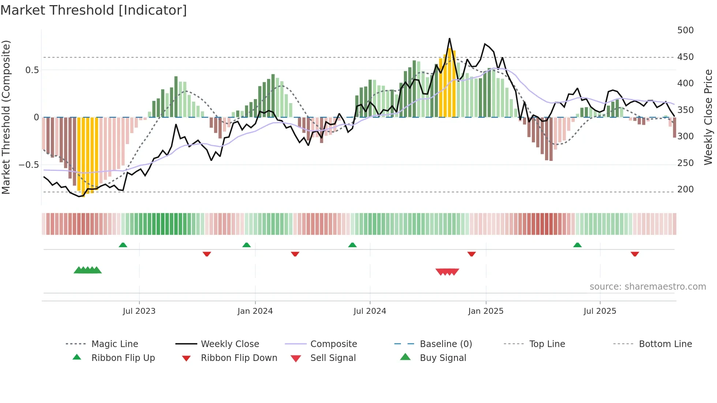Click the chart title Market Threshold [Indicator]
94,10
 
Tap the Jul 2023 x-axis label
139,311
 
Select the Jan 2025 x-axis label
485,311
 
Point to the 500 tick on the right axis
685,30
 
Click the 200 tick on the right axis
685,189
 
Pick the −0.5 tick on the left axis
29,165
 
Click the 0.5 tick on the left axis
32,70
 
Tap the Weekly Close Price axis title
708,117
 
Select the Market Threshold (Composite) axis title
6,117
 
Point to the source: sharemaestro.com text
647,287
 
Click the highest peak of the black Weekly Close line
449,39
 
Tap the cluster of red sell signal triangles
447,272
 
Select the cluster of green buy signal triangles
88,270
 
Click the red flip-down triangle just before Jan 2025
471,254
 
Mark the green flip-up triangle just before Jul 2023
123,245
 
